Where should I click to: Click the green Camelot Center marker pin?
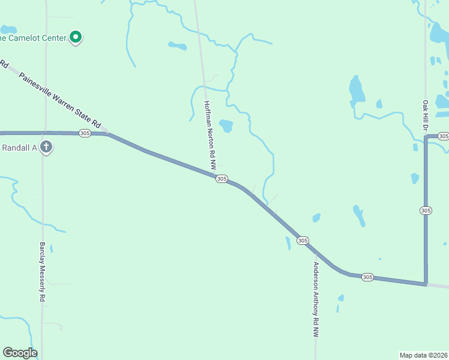click(x=76, y=38)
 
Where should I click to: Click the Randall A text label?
click(x=20, y=148)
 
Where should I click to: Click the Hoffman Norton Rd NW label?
click(x=210, y=134)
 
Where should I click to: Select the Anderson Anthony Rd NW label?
click(x=315, y=300)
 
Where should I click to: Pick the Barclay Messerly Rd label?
click(x=43, y=272)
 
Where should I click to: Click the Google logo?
click(x=20, y=353)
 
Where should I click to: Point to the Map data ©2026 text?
click(x=423, y=355)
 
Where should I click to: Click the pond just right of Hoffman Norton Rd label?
click(x=226, y=125)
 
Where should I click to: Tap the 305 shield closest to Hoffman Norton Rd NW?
click(x=221, y=179)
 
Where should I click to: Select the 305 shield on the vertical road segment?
click(x=426, y=210)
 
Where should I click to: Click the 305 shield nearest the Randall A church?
click(x=85, y=133)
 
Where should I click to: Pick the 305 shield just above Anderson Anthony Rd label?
click(x=303, y=240)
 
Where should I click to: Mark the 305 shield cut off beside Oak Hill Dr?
click(x=443, y=137)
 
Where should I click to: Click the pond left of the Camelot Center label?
click(x=8, y=29)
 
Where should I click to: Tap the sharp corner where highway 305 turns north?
click(x=426, y=283)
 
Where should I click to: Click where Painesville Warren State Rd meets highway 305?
click(x=108, y=133)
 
